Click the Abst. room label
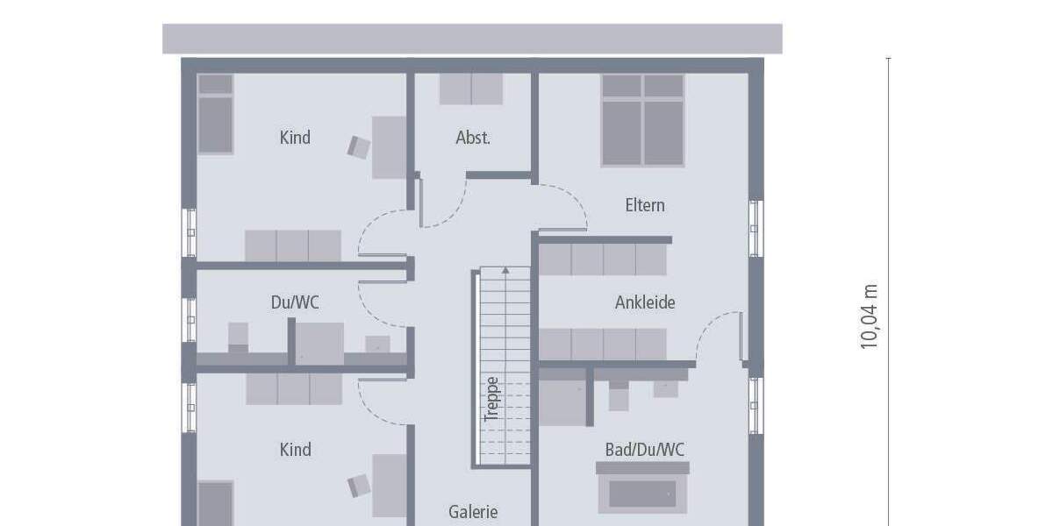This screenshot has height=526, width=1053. [473, 138]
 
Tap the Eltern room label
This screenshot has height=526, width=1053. [645, 205]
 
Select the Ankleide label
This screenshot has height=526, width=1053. [645, 302]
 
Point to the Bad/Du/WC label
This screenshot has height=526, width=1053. [645, 450]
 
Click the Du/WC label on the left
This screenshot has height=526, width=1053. [295, 302]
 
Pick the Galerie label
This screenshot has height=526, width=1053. [473, 512]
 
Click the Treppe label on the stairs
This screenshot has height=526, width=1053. [492, 399]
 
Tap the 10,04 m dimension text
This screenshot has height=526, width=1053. [870, 316]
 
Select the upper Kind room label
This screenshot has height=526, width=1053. [295, 138]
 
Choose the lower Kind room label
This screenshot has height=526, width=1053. [295, 450]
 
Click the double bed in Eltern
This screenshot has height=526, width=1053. [642, 120]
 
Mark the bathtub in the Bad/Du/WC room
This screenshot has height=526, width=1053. [643, 493]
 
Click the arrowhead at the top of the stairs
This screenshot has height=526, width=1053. [505, 271]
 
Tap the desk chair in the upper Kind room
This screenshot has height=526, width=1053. [359, 146]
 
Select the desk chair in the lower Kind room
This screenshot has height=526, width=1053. [358, 485]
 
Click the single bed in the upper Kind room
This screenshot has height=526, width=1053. [215, 114]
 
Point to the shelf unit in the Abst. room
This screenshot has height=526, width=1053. [471, 89]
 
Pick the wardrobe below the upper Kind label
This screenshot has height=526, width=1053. [292, 245]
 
